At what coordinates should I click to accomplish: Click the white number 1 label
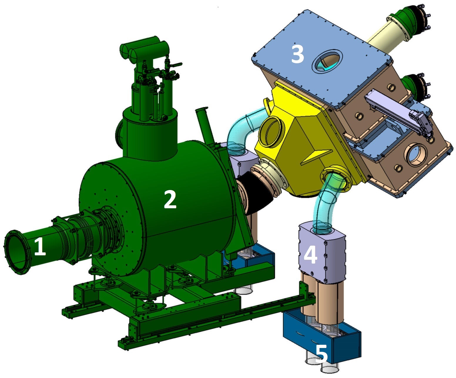coord(40,247)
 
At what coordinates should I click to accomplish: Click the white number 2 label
coord(170,200)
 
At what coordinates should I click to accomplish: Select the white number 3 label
coord(297,54)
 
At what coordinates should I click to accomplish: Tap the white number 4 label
coord(310,254)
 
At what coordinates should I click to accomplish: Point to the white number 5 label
coord(321,353)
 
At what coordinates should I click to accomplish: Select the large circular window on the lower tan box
coord(416,153)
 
